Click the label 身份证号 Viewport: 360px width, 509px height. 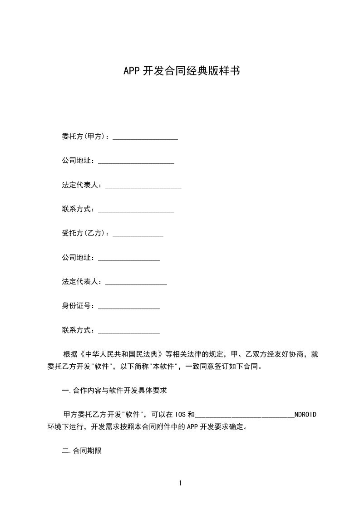point(78,306)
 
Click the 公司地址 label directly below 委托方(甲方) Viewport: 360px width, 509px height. point(78,161)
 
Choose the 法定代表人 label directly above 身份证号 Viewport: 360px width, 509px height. point(82,282)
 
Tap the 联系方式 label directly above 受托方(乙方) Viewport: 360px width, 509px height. point(78,209)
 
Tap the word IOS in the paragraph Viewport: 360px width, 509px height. point(180,415)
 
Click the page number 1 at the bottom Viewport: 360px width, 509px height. point(180,483)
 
